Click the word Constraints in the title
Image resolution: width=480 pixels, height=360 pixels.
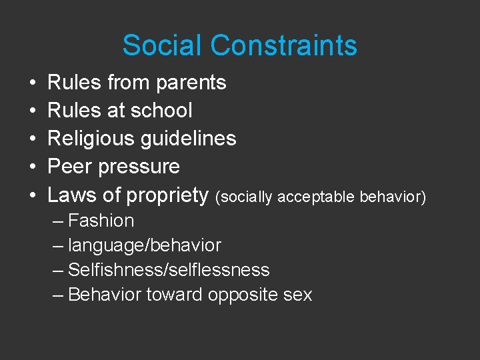tap(284, 46)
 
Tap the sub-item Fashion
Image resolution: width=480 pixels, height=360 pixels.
tap(101, 221)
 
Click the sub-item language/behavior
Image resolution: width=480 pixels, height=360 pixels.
tap(145, 245)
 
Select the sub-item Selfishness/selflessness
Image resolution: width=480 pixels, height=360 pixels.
tap(169, 270)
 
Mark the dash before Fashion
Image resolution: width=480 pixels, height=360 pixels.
tap(59, 221)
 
